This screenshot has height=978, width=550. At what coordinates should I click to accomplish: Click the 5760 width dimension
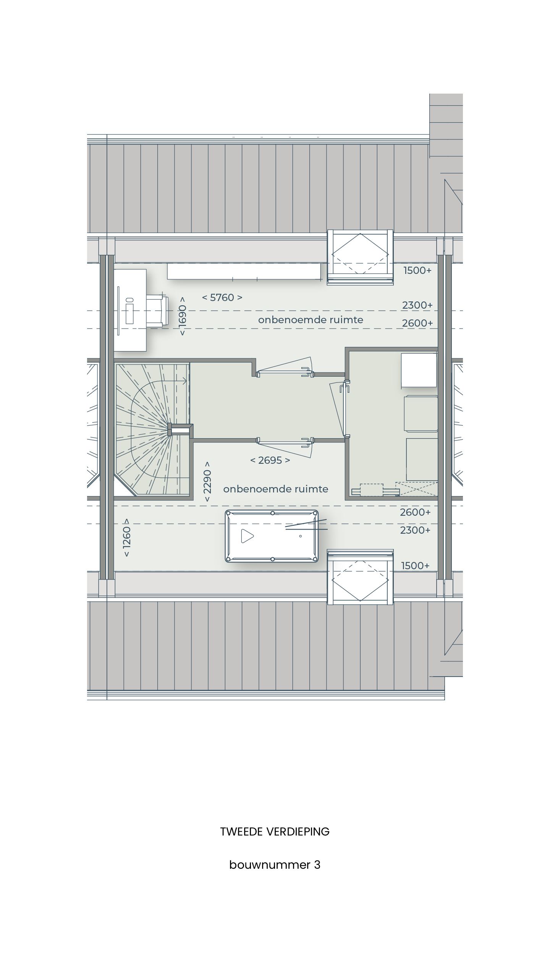pyautogui.click(x=222, y=298)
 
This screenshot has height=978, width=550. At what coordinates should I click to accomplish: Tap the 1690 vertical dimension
pyautogui.click(x=183, y=316)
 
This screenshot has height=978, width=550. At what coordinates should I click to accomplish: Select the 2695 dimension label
pyautogui.click(x=270, y=460)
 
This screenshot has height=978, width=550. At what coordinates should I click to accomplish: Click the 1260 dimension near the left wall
pyautogui.click(x=126, y=538)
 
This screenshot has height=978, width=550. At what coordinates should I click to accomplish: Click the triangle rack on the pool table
pyautogui.click(x=247, y=536)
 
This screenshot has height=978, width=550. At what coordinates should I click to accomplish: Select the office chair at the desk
pyautogui.click(x=157, y=311)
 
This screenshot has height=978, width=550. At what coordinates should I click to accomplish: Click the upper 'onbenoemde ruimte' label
pyautogui.click(x=311, y=320)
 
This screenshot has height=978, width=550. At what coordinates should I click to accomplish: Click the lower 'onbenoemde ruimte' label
pyautogui.click(x=276, y=489)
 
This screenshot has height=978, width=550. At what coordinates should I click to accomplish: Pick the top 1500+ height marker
pyautogui.click(x=417, y=270)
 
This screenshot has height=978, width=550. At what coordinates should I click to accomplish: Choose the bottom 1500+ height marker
pyautogui.click(x=415, y=566)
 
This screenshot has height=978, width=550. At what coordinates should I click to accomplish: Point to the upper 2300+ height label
pyautogui.click(x=417, y=305)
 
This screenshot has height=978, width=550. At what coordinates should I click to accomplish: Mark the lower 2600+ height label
pyautogui.click(x=415, y=512)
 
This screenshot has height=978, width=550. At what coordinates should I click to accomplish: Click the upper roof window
pyautogui.click(x=360, y=255)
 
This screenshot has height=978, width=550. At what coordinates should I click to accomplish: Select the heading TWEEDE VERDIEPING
pyautogui.click(x=275, y=832)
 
